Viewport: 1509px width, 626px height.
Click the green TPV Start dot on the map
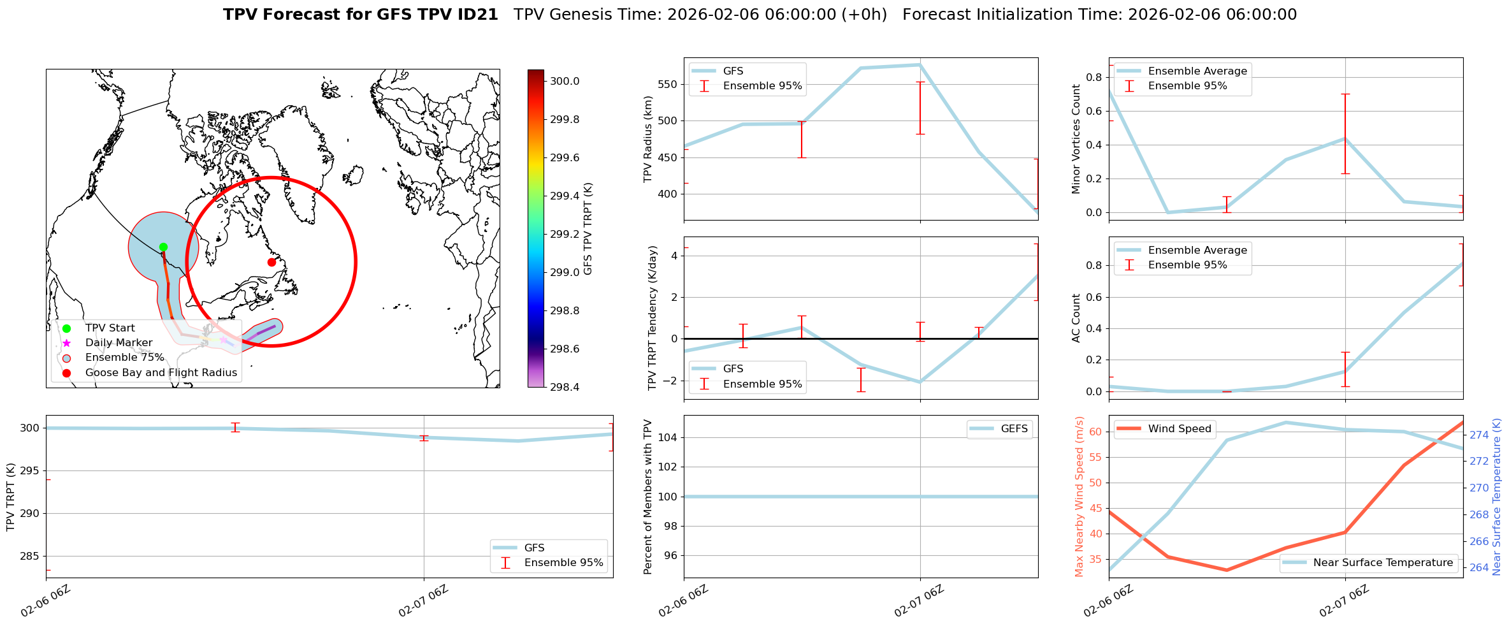point(163,247)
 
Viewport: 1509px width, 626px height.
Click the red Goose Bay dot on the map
point(271,262)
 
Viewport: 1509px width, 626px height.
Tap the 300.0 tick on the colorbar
point(565,82)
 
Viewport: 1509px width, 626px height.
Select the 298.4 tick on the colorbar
point(565,387)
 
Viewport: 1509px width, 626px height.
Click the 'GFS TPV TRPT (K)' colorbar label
point(588,229)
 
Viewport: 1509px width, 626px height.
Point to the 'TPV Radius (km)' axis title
point(648,139)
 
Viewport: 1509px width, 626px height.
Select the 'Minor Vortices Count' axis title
point(1076,139)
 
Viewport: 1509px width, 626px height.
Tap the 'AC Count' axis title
point(1076,318)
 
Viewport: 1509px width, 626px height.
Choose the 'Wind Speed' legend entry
point(1179,429)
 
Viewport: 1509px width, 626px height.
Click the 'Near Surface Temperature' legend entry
point(1383,563)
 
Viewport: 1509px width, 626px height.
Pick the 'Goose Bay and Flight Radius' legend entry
point(161,373)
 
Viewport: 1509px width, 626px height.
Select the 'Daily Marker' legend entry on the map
point(119,343)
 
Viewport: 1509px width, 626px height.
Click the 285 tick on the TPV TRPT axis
point(30,557)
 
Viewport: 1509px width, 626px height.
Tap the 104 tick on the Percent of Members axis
point(667,437)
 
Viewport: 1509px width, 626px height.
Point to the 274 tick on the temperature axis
point(1479,435)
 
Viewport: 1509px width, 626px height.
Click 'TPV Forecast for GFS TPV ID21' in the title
point(361,15)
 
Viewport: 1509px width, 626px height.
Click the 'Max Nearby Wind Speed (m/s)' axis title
point(1079,497)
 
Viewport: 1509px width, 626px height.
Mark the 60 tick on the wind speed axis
point(1096,432)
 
